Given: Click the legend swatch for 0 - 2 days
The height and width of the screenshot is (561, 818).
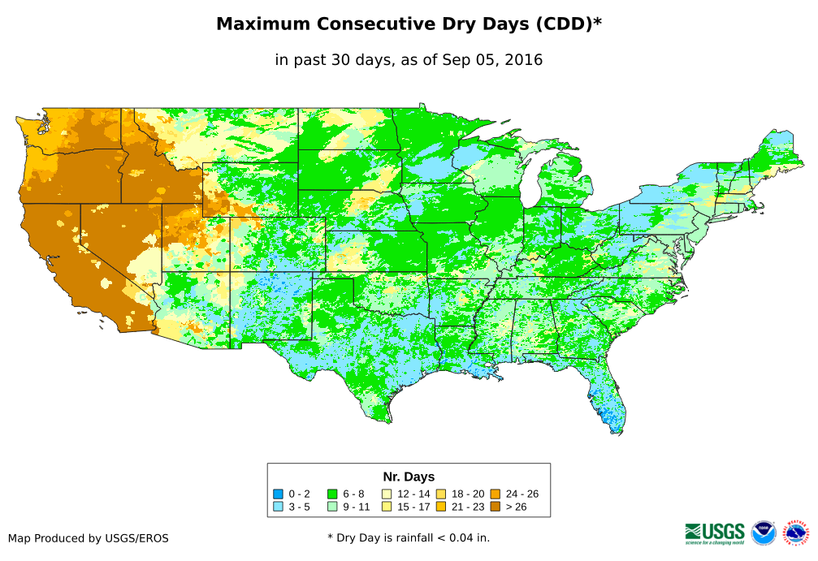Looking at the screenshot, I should (278, 494).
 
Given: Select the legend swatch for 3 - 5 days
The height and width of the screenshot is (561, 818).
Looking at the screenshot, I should (278, 507).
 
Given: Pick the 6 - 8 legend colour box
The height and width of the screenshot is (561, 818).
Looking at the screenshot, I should (332, 494).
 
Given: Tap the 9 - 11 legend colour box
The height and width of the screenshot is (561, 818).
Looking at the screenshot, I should (332, 507).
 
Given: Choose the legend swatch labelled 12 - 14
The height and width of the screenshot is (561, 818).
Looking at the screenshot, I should (387, 494).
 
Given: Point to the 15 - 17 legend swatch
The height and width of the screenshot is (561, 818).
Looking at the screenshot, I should (387, 507).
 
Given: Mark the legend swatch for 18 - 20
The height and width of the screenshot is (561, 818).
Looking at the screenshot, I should (441, 494).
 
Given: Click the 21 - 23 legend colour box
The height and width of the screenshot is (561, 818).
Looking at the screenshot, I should (441, 507).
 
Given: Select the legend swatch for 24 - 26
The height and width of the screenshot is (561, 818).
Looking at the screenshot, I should (496, 494).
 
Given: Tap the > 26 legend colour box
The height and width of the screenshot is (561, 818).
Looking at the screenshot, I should (496, 507).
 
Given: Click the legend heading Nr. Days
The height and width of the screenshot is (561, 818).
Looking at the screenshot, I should (409, 477).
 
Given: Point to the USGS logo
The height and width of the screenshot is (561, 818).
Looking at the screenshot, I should (715, 533).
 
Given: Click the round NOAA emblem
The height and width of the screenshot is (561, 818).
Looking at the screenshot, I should (764, 533).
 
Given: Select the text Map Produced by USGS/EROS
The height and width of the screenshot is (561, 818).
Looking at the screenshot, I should (89, 537).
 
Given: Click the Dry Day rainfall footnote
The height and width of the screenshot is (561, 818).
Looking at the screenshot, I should (409, 537).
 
